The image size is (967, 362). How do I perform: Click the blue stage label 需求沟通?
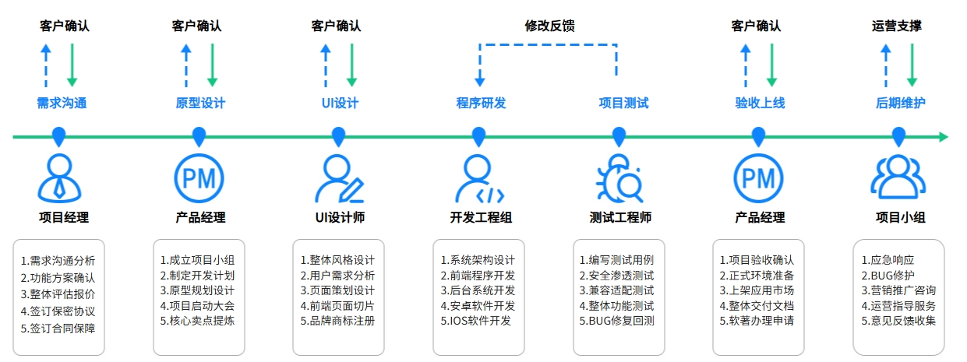click(x=62, y=103)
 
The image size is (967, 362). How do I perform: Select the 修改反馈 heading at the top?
click(x=549, y=26)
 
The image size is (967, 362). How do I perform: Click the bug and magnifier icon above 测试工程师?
click(x=619, y=179)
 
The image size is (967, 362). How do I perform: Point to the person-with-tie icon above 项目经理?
click(x=59, y=178)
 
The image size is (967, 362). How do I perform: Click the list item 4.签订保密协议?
click(x=58, y=311)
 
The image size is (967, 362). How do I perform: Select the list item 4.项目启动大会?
click(x=197, y=305)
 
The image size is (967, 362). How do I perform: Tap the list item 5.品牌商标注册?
click(x=337, y=320)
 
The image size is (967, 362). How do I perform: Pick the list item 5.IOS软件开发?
click(x=475, y=320)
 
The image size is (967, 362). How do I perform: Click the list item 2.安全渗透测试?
click(x=616, y=275)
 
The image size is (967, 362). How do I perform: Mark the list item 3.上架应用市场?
click(x=756, y=290)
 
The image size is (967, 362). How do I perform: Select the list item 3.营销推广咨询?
click(x=898, y=290)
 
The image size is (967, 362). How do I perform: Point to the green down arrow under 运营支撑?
click(x=912, y=66)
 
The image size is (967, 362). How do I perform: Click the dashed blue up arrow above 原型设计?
click(x=185, y=65)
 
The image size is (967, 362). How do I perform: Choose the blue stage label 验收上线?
click(x=759, y=103)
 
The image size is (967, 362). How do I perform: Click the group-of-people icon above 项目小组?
click(x=898, y=178)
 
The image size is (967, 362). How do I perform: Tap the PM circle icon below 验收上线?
click(x=758, y=178)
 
